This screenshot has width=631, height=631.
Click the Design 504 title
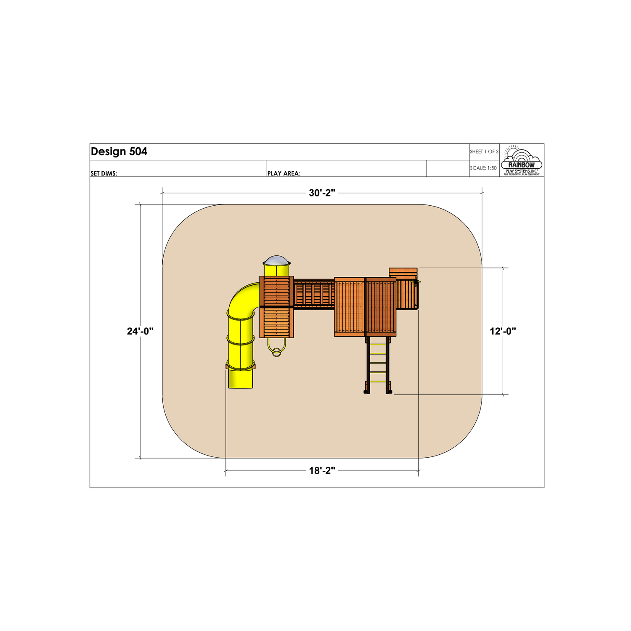[x=119, y=152]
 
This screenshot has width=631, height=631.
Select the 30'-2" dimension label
[x=322, y=193]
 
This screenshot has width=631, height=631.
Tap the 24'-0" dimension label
[x=141, y=331]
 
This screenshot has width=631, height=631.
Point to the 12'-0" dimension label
[x=503, y=331]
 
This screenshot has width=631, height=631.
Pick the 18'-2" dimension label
[x=322, y=471]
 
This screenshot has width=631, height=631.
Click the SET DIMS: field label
[x=104, y=173]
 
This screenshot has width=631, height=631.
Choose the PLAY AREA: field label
[x=284, y=173]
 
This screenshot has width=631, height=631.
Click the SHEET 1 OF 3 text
[x=484, y=151]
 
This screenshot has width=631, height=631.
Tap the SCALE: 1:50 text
[x=483, y=168]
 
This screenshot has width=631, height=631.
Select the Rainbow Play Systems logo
[x=522, y=160]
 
